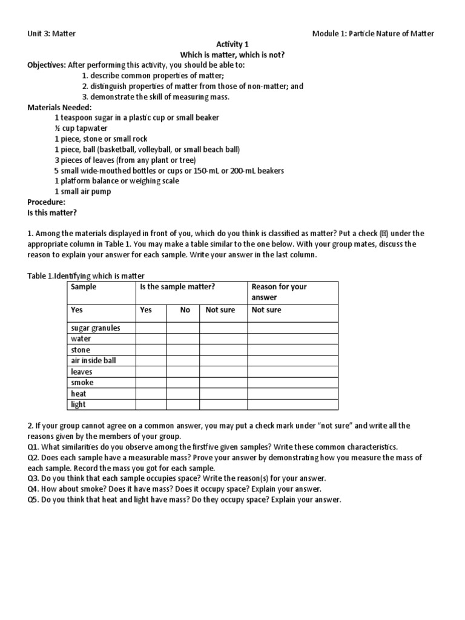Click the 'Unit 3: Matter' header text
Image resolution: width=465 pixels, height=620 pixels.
coord(51,33)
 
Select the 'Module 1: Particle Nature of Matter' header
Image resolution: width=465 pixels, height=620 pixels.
coord(373,33)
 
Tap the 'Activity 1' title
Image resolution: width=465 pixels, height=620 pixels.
coord(232,44)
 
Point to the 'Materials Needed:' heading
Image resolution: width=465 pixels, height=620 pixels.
coord(59,107)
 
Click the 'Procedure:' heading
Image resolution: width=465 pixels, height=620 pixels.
coord(46,202)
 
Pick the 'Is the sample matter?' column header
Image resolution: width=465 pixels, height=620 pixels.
coord(177,287)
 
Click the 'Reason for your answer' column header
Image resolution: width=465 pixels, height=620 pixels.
coord(279,292)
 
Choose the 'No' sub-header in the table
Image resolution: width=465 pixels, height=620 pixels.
coord(185,310)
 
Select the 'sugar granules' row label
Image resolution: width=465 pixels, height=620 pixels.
coord(96,328)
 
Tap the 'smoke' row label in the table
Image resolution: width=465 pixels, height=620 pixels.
coord(82,383)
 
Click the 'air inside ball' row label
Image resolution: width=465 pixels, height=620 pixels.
coord(93,361)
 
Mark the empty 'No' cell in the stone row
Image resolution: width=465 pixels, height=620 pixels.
coord(183,350)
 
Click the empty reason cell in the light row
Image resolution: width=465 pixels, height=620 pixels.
coord(292,404)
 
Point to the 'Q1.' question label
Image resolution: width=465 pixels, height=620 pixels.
coord(34,446)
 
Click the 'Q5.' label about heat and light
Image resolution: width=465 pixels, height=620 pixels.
coord(34,500)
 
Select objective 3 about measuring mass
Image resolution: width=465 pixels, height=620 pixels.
coord(156,97)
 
